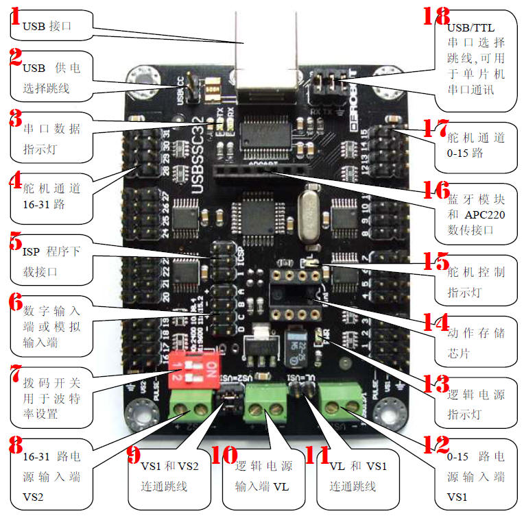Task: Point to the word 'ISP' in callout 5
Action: pyautogui.click(x=23, y=251)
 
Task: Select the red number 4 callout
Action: pyautogui.click(x=14, y=181)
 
